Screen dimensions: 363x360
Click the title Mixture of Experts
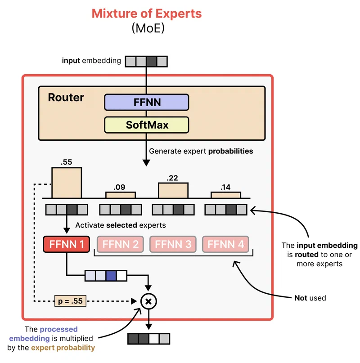[147, 13]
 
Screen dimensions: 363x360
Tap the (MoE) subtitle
[147, 28]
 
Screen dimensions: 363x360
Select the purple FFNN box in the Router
[146, 102]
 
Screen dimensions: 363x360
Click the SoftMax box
[146, 125]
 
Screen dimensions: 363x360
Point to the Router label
[66, 98]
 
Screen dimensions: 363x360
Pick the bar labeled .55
[67, 183]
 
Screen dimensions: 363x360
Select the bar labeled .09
[120, 195]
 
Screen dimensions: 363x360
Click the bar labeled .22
[173, 190]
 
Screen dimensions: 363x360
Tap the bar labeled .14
[225, 195]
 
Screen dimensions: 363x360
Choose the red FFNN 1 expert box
[67, 244]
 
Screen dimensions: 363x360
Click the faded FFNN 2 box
[120, 244]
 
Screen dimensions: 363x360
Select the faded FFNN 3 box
[173, 244]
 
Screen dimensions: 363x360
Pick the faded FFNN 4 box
[225, 244]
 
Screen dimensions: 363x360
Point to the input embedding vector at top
[146, 61]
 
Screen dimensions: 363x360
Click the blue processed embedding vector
[106, 275]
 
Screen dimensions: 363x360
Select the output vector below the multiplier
[148, 338]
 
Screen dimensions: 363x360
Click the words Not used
[310, 298]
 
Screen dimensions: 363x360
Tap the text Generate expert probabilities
[201, 151]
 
